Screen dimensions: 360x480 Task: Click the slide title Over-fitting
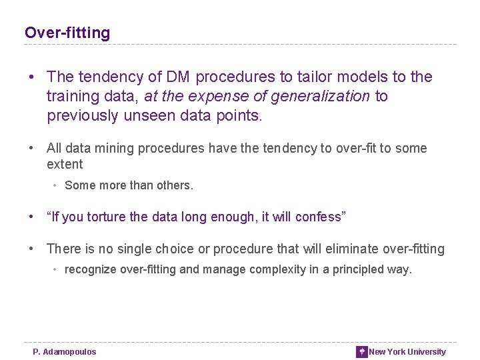coord(67,33)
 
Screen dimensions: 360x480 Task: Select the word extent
coord(65,164)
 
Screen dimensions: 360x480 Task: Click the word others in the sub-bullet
coord(175,185)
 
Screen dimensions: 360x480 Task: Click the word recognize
coord(91,269)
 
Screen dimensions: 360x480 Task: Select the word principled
coord(360,269)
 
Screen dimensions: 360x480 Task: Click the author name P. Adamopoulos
coord(65,352)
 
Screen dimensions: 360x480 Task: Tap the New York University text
coord(407,352)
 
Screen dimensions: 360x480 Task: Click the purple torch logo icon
coord(361,352)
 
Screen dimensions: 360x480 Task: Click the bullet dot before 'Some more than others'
coord(56,185)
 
